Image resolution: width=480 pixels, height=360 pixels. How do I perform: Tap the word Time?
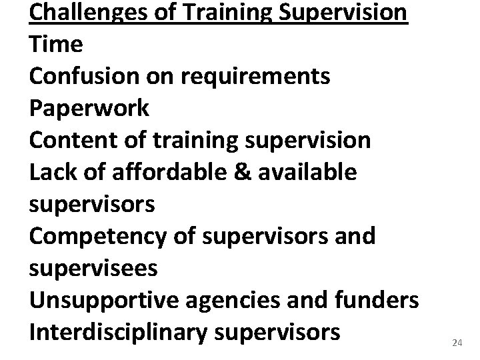(56, 45)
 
